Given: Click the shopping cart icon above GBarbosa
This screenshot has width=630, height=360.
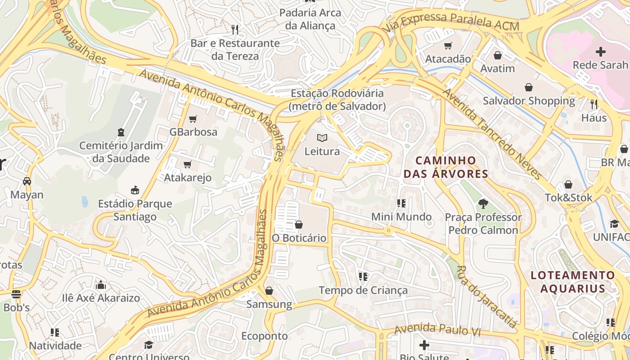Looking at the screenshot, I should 193,119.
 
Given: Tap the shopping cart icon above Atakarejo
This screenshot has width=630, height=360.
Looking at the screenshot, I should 188,165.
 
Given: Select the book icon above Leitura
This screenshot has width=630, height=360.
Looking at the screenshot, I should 322,138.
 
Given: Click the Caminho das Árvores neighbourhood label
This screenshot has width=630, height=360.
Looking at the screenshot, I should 445,167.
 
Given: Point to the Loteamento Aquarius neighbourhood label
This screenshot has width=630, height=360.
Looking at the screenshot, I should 573,282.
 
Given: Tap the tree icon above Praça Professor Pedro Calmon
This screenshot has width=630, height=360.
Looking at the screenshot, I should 483,204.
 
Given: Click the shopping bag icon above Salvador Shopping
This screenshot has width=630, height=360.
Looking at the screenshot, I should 529,87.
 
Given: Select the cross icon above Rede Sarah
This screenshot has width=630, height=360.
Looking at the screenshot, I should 600,52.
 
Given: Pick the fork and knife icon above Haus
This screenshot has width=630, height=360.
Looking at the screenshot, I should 594,104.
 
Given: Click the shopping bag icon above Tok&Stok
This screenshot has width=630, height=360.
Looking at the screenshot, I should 568,184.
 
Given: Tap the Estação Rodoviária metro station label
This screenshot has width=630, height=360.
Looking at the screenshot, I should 337,100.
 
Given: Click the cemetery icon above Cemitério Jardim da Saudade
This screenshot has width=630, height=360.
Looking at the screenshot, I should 121,132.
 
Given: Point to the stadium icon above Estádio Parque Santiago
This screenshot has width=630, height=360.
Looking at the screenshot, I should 135,190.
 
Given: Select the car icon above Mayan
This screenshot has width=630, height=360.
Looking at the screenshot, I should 27,181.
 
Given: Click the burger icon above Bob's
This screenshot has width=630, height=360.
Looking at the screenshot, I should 16,294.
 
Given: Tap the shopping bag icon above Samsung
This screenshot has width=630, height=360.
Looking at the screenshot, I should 269,291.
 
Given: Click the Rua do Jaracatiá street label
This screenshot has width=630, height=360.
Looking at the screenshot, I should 486,297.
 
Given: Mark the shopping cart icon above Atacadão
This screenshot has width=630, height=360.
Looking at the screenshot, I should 448,45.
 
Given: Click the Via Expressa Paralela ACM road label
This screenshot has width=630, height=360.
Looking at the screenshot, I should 451,21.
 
